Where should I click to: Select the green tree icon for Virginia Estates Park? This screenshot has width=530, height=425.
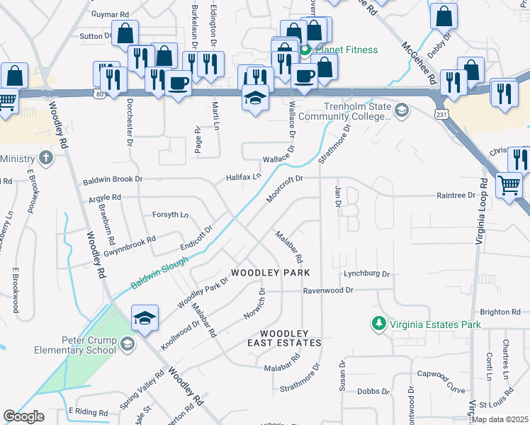click(x=379, y=324)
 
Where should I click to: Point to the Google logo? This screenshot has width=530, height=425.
click(x=23, y=416)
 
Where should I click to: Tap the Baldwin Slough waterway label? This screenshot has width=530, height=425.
click(x=159, y=273)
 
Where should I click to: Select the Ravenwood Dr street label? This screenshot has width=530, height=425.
click(x=327, y=290)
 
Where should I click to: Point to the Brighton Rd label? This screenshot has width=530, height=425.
click(x=500, y=312)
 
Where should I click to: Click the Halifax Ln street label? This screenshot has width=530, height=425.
click(x=244, y=176)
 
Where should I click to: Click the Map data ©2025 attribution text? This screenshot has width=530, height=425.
click(x=500, y=419)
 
